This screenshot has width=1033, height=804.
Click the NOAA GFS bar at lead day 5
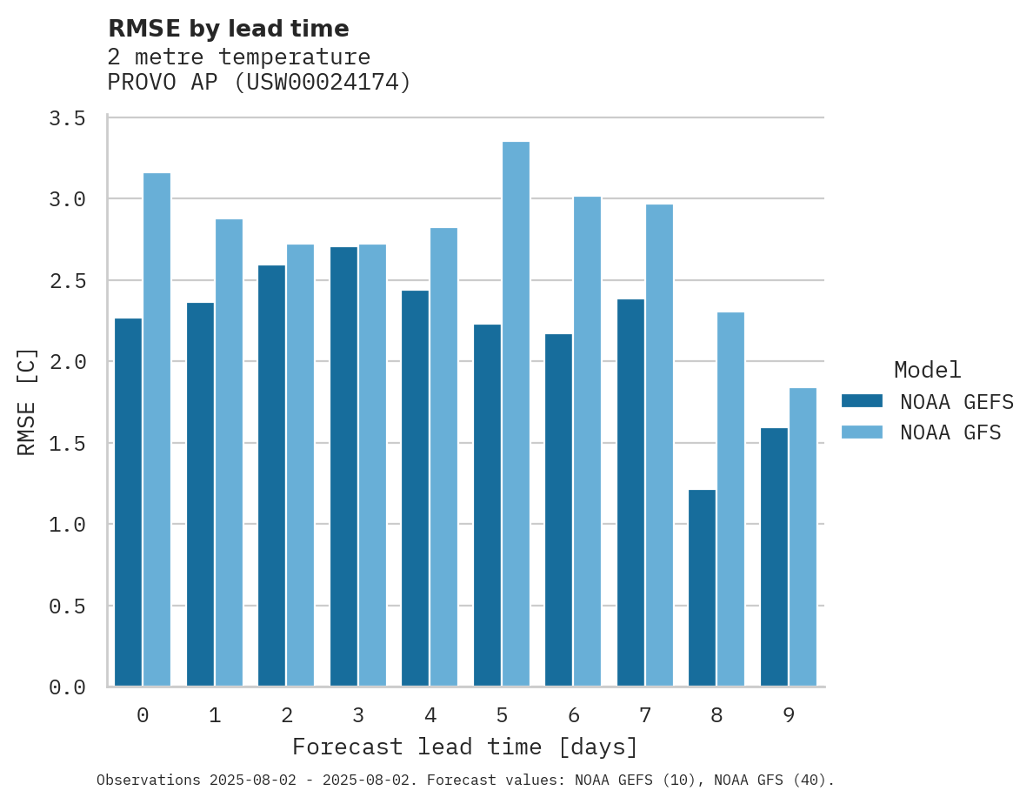(516, 414)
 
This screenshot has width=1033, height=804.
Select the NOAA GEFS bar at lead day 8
(702, 588)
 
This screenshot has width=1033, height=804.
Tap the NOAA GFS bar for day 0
(157, 430)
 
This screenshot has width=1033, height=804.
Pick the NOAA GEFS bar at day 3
(343, 466)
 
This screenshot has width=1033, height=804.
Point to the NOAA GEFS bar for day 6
(558, 510)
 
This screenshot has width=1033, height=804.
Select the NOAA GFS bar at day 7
(659, 446)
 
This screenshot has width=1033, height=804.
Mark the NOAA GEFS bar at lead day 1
(200, 494)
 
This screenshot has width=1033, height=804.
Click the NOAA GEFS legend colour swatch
(862, 401)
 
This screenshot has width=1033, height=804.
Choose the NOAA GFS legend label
(950, 432)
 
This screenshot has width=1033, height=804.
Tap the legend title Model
(927, 370)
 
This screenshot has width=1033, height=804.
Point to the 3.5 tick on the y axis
(67, 118)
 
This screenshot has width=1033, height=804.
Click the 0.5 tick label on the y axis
(67, 606)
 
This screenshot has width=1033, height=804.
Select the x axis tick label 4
(430, 715)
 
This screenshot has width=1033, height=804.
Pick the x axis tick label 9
(789, 715)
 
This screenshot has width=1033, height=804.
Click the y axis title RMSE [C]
(27, 401)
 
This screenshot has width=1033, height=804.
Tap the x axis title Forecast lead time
(465, 747)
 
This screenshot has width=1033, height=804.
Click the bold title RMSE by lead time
(228, 29)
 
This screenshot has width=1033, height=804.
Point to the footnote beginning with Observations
(465, 781)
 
